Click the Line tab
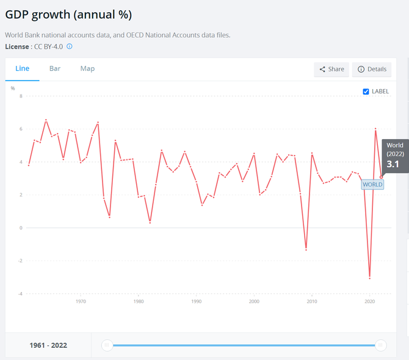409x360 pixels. pyautogui.click(x=22, y=69)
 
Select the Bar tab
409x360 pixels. pyautogui.click(x=55, y=69)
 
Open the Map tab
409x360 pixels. pyautogui.click(x=87, y=69)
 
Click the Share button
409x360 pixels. pyautogui.click(x=331, y=70)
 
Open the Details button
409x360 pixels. pyautogui.click(x=372, y=70)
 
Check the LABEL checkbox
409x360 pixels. pyautogui.click(x=366, y=92)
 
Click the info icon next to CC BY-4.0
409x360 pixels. pyautogui.click(x=70, y=46)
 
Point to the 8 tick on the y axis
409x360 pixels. pyautogui.click(x=21, y=96)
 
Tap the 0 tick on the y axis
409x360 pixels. pyautogui.click(x=21, y=228)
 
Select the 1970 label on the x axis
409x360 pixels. pyautogui.click(x=81, y=301)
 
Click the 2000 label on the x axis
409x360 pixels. pyautogui.click(x=254, y=301)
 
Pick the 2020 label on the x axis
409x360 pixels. pyautogui.click(x=369, y=301)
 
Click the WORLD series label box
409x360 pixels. pyautogui.click(x=372, y=184)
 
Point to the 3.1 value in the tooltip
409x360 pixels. pyautogui.click(x=393, y=164)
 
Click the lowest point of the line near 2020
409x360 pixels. pyautogui.click(x=369, y=278)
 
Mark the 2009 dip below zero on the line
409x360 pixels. pyautogui.click(x=306, y=249)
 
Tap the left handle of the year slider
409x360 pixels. pyautogui.click(x=107, y=345)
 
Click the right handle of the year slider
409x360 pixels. pyautogui.click(x=380, y=345)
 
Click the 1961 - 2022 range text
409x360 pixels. pyautogui.click(x=48, y=345)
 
